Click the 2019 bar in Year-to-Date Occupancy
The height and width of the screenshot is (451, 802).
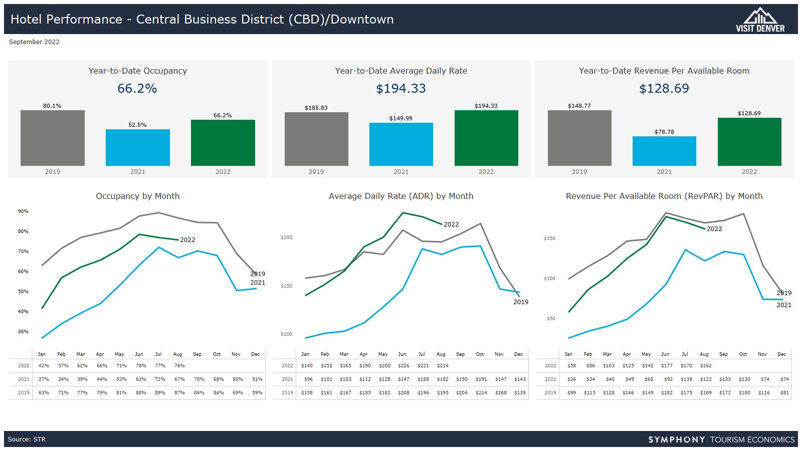[53, 138]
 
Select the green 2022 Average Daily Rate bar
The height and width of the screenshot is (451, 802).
[486, 138]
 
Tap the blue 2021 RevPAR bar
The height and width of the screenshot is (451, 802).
[664, 151]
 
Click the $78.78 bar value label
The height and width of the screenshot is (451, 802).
[664, 132]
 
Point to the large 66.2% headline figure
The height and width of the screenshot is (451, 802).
[137, 89]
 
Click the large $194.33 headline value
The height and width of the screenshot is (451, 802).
[401, 89]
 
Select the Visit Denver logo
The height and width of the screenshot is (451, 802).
[760, 20]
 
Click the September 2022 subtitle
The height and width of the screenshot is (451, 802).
[34, 42]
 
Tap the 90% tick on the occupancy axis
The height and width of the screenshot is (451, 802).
[23, 211]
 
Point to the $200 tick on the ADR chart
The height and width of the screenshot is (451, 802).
[286, 238]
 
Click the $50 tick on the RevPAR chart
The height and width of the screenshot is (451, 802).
[549, 318]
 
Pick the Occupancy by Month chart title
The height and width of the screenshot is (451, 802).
[138, 196]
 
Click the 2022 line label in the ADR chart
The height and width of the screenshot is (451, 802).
[451, 224]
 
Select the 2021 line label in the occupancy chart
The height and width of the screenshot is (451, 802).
[258, 283]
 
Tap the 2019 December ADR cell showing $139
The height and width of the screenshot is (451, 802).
[520, 393]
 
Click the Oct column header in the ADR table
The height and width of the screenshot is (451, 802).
[480, 354]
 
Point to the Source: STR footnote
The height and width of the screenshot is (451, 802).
[27, 439]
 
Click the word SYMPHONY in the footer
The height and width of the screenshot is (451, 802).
[676, 440]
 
